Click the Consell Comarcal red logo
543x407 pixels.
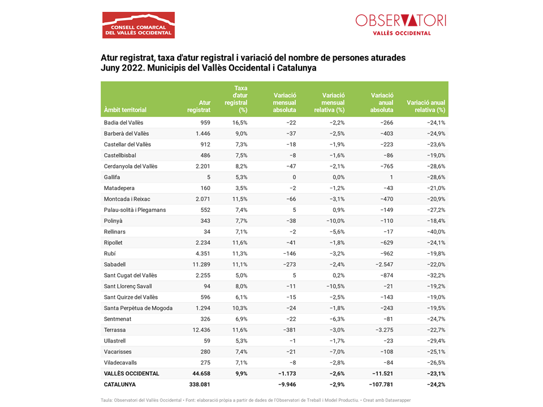138,25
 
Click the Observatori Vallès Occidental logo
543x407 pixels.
400,24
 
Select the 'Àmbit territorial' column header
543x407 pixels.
125,110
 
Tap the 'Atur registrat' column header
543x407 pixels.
199,106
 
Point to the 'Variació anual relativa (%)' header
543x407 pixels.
426,106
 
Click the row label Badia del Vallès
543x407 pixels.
123,123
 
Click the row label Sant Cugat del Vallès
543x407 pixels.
130,275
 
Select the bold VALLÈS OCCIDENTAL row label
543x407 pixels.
131,374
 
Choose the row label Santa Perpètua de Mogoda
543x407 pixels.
138,308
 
